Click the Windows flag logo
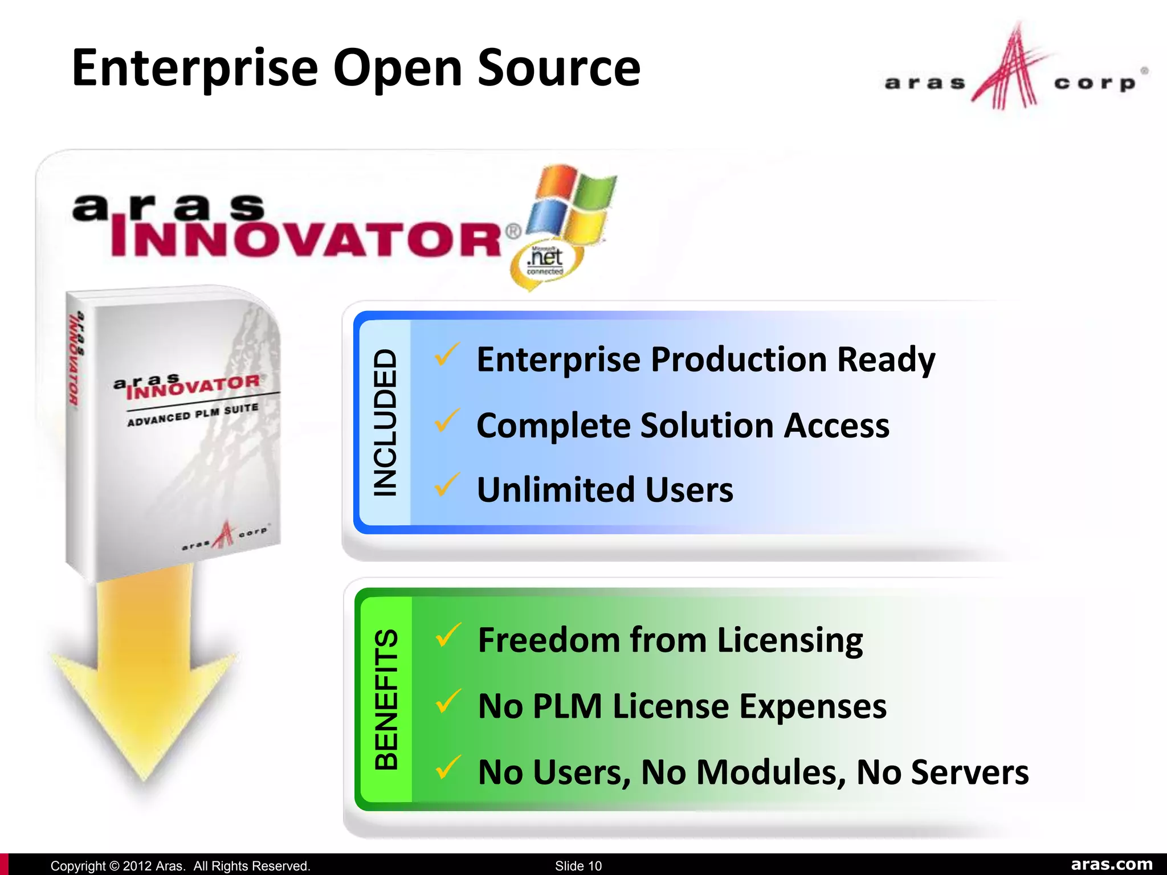[x=570, y=202]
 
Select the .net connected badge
[x=545, y=262]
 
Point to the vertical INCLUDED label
[x=385, y=423]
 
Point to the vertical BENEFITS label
[x=386, y=699]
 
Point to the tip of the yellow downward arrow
[x=144, y=783]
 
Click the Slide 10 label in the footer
[x=578, y=866]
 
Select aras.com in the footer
[x=1111, y=864]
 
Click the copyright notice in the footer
[x=180, y=866]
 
